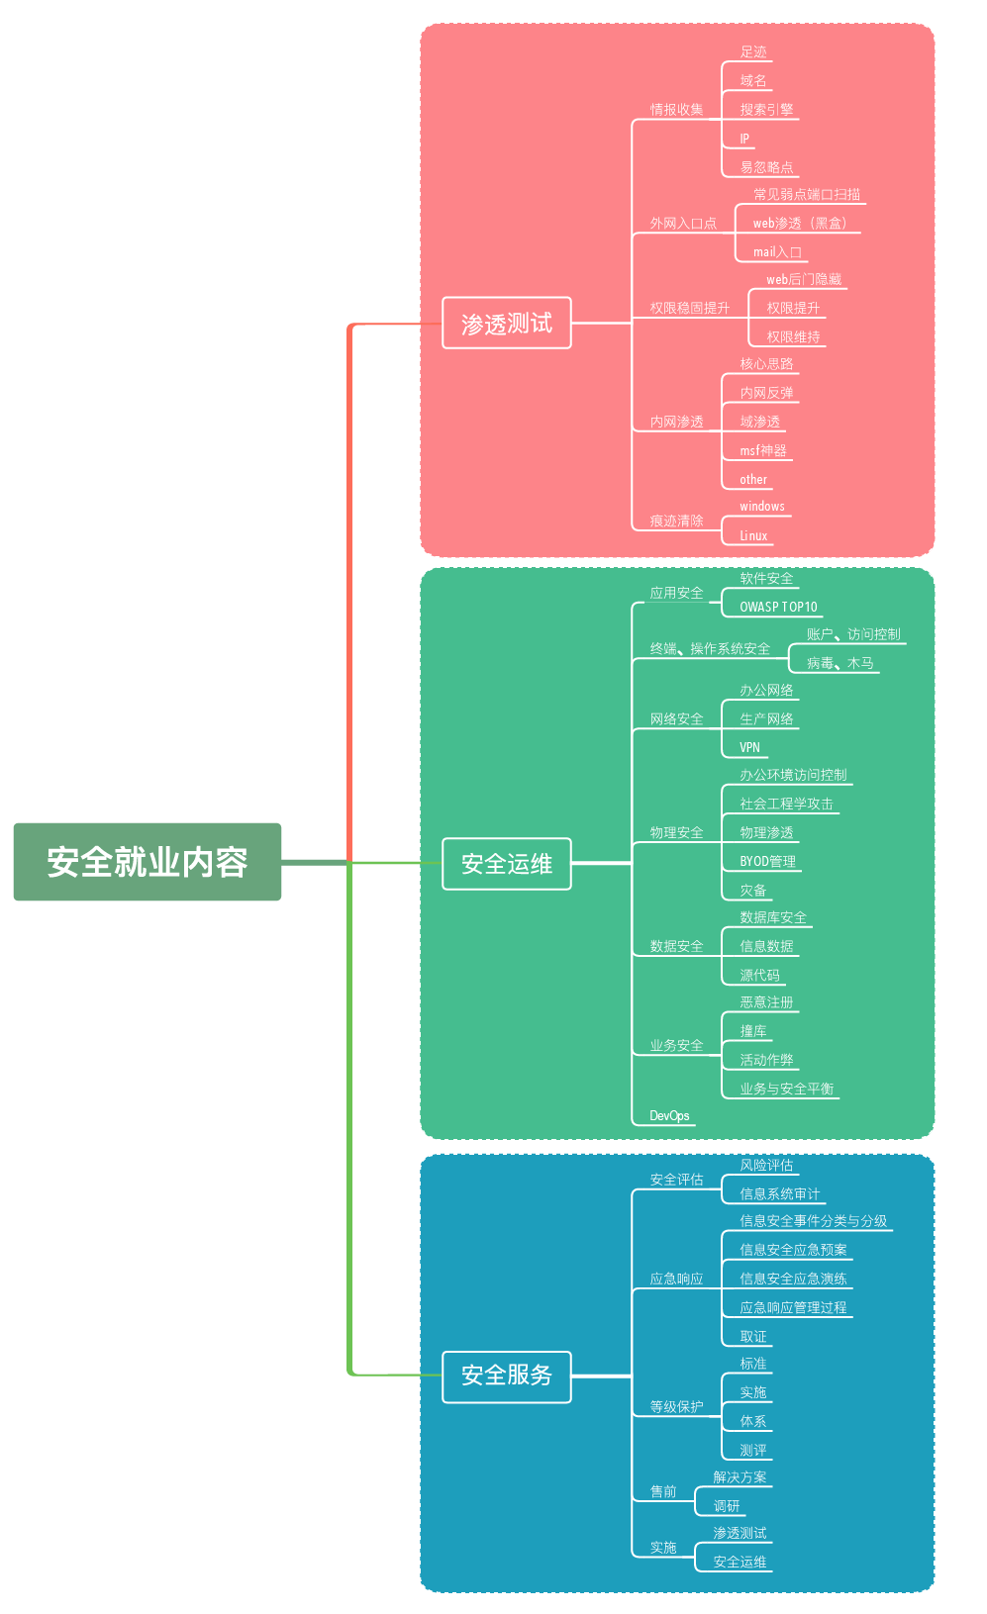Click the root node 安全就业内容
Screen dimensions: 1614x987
[x=148, y=862]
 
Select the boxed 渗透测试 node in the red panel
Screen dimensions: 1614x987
[x=506, y=324]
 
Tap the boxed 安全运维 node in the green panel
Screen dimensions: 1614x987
[x=506, y=864]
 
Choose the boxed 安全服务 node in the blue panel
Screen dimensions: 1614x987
[x=506, y=1376]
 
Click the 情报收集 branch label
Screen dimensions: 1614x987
[x=676, y=110]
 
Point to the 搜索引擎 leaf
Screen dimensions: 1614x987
[x=766, y=110]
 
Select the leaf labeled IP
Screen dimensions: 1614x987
[x=744, y=139]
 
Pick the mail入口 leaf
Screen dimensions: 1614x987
[x=777, y=252]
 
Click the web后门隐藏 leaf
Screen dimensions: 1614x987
[x=804, y=280]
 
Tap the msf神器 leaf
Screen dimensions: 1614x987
[x=763, y=451]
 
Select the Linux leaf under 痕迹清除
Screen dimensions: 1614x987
[x=753, y=536]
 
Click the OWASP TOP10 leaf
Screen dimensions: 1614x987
[x=778, y=607]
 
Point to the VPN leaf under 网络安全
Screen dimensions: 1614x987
[x=749, y=747]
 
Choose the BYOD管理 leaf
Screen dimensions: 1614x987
[x=767, y=861]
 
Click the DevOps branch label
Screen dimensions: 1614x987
[x=669, y=1115]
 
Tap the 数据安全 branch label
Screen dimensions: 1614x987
[x=676, y=946]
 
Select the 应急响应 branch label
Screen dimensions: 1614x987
[x=676, y=1279]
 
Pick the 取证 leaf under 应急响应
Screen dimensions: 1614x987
[x=753, y=1336]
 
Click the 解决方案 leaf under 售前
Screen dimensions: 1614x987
[x=740, y=1477]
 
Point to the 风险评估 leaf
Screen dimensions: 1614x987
[x=766, y=1166]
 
